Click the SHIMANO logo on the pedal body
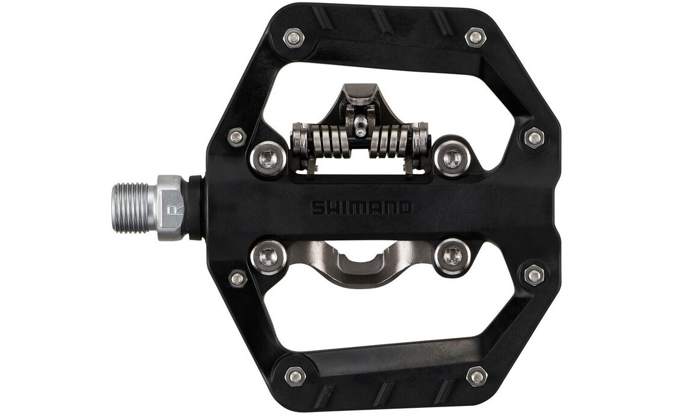point(362,208)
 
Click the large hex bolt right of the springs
point(452,158)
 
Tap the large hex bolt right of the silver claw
point(452,256)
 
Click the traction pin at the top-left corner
point(294,39)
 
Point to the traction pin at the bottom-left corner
point(295,376)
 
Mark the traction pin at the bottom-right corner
point(476,377)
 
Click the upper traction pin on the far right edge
point(534,137)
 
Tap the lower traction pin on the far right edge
point(534,275)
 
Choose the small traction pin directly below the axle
point(238,278)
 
